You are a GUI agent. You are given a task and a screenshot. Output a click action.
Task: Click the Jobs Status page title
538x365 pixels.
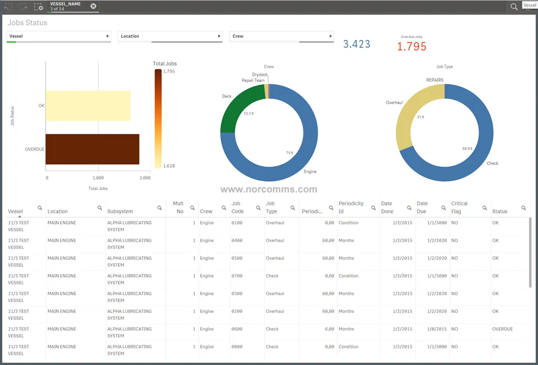click(27, 23)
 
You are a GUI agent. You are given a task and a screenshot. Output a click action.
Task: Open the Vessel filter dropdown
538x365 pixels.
click(59, 37)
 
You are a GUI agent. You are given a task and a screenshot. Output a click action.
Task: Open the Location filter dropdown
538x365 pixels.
click(169, 37)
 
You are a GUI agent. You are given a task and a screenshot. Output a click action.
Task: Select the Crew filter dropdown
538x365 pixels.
click(281, 37)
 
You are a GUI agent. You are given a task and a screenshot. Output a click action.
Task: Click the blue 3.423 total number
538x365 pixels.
click(357, 44)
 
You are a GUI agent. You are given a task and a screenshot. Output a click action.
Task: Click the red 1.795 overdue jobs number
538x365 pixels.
click(412, 47)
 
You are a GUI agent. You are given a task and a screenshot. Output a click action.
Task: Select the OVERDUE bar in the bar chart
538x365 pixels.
click(93, 149)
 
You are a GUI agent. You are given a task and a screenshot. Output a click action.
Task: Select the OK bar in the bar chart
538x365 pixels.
click(88, 105)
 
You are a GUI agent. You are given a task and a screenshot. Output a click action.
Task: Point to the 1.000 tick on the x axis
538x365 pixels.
click(98, 177)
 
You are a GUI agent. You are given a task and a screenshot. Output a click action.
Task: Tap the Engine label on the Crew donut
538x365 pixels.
click(310, 171)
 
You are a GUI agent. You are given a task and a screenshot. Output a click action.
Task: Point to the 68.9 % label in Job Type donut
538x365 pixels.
click(468, 148)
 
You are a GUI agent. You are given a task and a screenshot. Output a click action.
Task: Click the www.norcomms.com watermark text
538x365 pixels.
click(268, 189)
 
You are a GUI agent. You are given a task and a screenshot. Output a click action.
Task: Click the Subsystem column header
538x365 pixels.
click(120, 211)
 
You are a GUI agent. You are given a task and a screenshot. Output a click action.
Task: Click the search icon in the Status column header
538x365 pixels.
click(523, 207)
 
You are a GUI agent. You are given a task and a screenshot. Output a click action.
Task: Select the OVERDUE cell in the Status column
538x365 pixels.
click(502, 329)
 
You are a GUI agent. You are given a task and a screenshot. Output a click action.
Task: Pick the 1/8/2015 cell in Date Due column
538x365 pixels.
click(437, 329)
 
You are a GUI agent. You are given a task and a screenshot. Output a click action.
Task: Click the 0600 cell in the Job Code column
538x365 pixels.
click(237, 329)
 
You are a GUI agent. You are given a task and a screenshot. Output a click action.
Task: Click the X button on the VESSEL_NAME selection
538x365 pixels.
click(93, 6)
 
